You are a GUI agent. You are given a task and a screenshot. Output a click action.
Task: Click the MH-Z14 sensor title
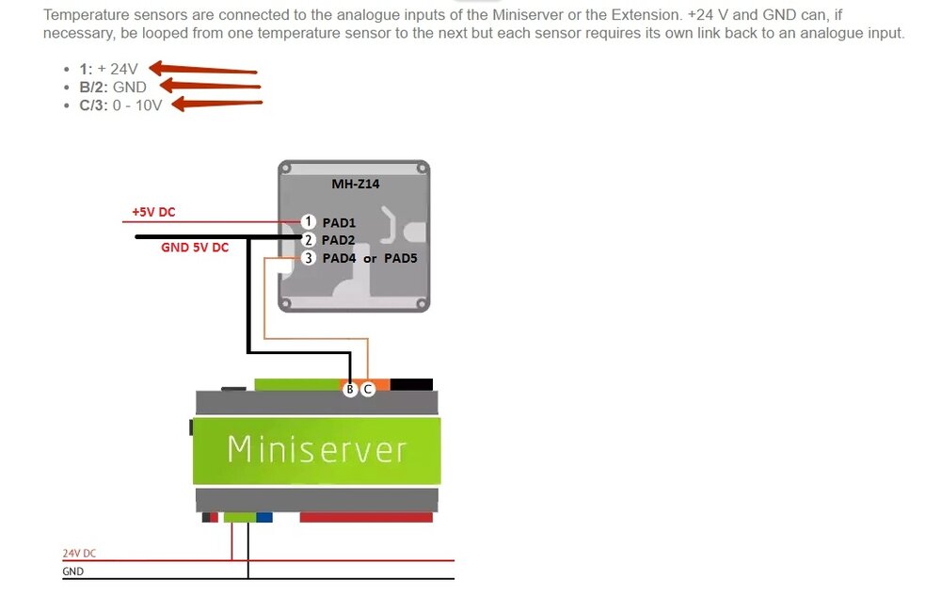click(x=355, y=184)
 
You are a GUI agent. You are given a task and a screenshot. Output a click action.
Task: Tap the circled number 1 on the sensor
click(x=308, y=222)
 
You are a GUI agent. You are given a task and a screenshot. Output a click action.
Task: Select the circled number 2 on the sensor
click(x=308, y=240)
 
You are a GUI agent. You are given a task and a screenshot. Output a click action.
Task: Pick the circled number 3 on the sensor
click(x=308, y=258)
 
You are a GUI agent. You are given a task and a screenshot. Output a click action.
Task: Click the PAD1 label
click(x=339, y=222)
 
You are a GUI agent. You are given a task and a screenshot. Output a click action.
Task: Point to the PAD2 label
click(x=339, y=240)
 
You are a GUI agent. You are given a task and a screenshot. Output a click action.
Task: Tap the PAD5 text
click(x=400, y=258)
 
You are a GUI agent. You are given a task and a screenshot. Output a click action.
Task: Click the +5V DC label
click(x=152, y=213)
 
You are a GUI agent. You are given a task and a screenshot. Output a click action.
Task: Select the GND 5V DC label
click(x=195, y=249)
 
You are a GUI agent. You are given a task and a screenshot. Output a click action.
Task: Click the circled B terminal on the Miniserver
click(x=351, y=389)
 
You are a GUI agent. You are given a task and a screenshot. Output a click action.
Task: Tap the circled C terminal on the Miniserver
click(x=368, y=389)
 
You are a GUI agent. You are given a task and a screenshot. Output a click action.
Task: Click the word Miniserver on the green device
click(x=317, y=450)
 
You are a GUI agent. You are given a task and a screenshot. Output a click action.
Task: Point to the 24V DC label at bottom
click(x=79, y=554)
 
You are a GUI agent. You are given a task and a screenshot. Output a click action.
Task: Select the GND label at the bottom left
click(x=72, y=572)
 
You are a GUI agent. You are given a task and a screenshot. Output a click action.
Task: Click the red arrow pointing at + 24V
click(x=202, y=69)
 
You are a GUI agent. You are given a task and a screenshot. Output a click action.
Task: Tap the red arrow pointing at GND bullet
click(x=209, y=87)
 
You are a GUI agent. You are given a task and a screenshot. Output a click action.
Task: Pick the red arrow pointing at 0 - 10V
click(x=215, y=104)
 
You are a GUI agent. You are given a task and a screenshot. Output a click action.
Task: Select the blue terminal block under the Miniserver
click(x=264, y=517)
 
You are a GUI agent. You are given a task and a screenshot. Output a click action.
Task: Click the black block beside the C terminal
click(x=411, y=384)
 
